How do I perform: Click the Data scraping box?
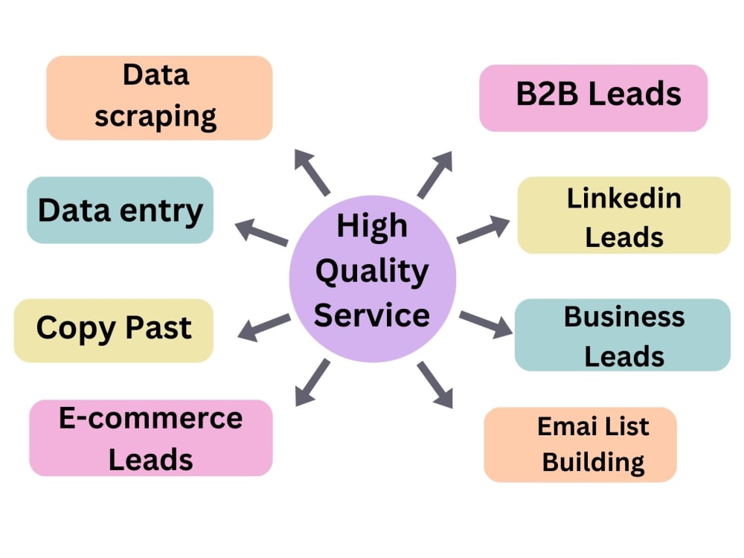tap(159, 97)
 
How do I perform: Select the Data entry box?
tap(120, 210)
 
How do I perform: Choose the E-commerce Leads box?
tap(151, 437)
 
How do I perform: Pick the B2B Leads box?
tap(593, 97)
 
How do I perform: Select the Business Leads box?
tap(623, 335)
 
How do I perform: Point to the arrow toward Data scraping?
tap(312, 171)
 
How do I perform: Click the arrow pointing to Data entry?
tap(261, 232)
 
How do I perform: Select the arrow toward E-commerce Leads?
tap(312, 382)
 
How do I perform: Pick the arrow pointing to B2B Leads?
tap(434, 174)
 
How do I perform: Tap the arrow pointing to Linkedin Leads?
tap(483, 231)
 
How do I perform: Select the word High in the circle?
tap(372, 226)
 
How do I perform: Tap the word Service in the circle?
tap(372, 315)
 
